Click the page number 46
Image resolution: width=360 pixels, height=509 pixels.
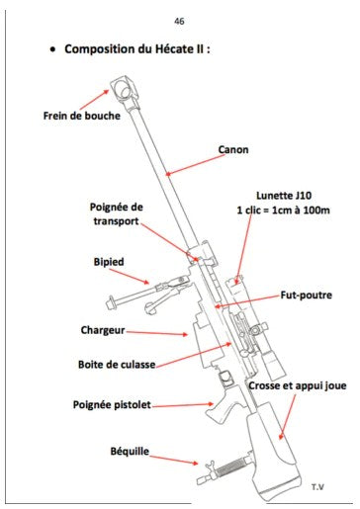179,22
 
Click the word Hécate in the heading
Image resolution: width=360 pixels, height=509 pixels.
173,49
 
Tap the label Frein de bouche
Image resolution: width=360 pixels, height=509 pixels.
82,116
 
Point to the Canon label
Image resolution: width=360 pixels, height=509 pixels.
233,150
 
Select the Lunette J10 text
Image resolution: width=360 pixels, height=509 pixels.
284,196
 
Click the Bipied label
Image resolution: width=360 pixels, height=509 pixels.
109,262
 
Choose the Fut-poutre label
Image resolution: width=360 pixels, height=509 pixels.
306,295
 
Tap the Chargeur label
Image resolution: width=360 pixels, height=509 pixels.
103,330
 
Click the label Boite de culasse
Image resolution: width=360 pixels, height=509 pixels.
117,365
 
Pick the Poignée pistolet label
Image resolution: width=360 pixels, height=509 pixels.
112,405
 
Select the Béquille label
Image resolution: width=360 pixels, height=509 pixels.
130,452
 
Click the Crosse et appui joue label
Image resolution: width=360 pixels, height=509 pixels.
298,385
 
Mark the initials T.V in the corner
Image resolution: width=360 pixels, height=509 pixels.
317,487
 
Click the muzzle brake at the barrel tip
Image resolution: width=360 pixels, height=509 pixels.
126,87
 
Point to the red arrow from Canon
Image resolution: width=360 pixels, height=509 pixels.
195,165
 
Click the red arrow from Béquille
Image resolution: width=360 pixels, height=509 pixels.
174,460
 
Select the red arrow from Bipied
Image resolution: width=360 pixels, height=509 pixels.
130,276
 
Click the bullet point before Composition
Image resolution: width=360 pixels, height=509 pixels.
52,49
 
